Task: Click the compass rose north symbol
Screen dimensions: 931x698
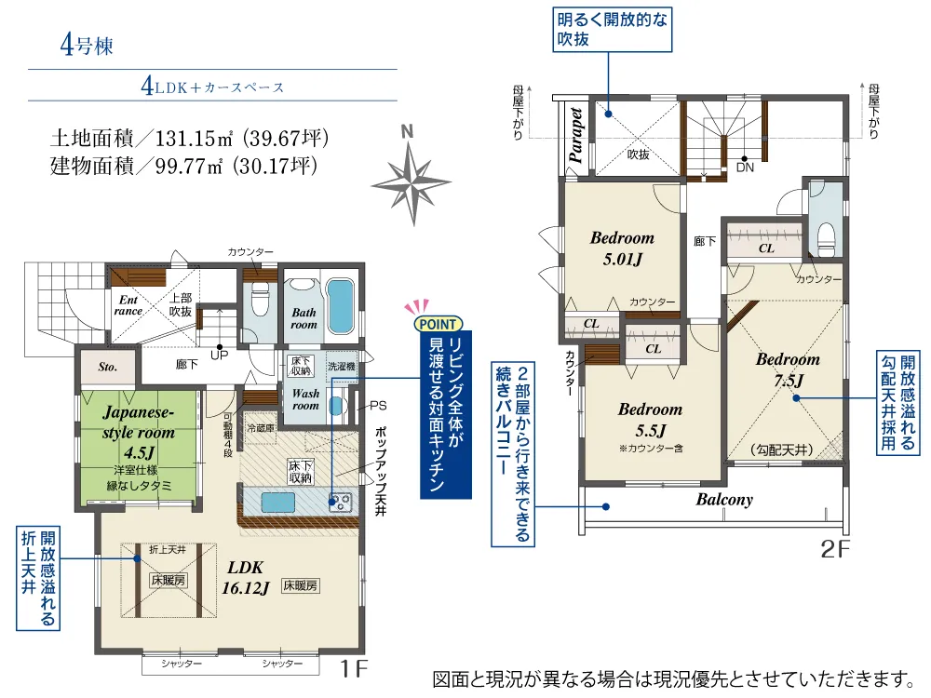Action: click(411, 176)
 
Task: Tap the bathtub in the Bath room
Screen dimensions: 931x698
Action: click(340, 306)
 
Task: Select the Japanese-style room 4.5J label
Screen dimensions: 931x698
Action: click(139, 432)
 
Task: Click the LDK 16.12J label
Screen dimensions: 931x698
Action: click(245, 578)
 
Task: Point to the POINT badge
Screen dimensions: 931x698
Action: click(439, 324)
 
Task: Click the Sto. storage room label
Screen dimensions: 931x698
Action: click(107, 367)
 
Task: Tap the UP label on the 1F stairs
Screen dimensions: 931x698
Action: click(219, 356)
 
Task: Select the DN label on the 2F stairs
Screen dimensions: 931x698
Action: click(745, 168)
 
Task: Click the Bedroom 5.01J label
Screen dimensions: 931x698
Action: click(622, 248)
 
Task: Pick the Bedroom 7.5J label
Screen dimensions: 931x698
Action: click(788, 369)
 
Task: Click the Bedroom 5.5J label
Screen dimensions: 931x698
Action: click(650, 420)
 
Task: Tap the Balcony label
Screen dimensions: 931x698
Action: click(724, 500)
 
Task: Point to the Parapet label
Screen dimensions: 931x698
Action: click(574, 135)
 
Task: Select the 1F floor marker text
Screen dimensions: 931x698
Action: click(354, 669)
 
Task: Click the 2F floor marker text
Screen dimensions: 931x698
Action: click(835, 550)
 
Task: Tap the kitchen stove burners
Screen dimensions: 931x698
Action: click(340, 503)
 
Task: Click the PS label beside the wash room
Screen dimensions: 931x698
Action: click(378, 406)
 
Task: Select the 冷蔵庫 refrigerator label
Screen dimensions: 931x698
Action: click(261, 428)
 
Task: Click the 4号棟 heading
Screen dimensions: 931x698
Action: click(86, 46)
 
